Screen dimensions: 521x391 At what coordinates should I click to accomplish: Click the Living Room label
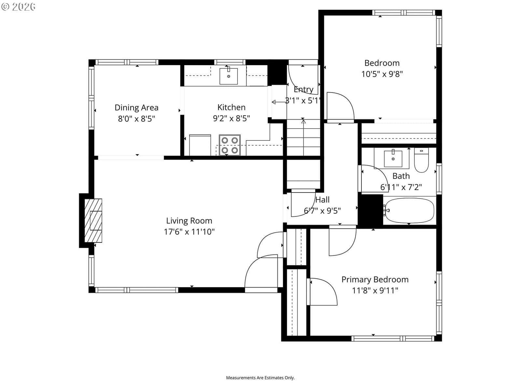coord(189,221)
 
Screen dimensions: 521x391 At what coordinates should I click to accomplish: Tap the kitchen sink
coord(228,76)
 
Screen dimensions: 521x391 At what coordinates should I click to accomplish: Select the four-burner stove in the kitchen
coord(230,145)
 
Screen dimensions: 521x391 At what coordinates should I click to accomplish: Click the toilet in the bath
coord(421,160)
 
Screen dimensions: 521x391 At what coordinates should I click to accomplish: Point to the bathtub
coord(409,210)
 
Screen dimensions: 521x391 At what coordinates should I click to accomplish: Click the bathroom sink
coord(393,158)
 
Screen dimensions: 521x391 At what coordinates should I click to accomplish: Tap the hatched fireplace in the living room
coord(93,221)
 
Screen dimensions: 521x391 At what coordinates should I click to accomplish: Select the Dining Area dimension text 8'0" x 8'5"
coord(136,119)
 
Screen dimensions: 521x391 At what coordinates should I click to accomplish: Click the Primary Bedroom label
coord(375,280)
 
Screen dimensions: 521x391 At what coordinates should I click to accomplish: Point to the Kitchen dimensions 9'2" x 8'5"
coord(232,118)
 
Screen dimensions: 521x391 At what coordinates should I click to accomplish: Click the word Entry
coord(303,90)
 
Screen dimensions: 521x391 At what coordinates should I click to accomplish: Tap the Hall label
coord(322,200)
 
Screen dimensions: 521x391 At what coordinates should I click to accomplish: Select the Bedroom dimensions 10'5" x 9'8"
coord(382,74)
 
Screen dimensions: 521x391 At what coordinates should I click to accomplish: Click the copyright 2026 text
coord(18,7)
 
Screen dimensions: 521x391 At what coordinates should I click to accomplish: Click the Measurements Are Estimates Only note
coord(260,378)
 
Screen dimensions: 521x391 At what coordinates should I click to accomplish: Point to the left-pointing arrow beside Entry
coord(279,102)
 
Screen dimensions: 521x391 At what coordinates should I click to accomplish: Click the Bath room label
coord(401,176)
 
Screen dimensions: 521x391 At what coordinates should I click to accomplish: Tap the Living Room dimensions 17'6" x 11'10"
coord(189,232)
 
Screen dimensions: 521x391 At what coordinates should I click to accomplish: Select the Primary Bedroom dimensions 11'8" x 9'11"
coord(375,291)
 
